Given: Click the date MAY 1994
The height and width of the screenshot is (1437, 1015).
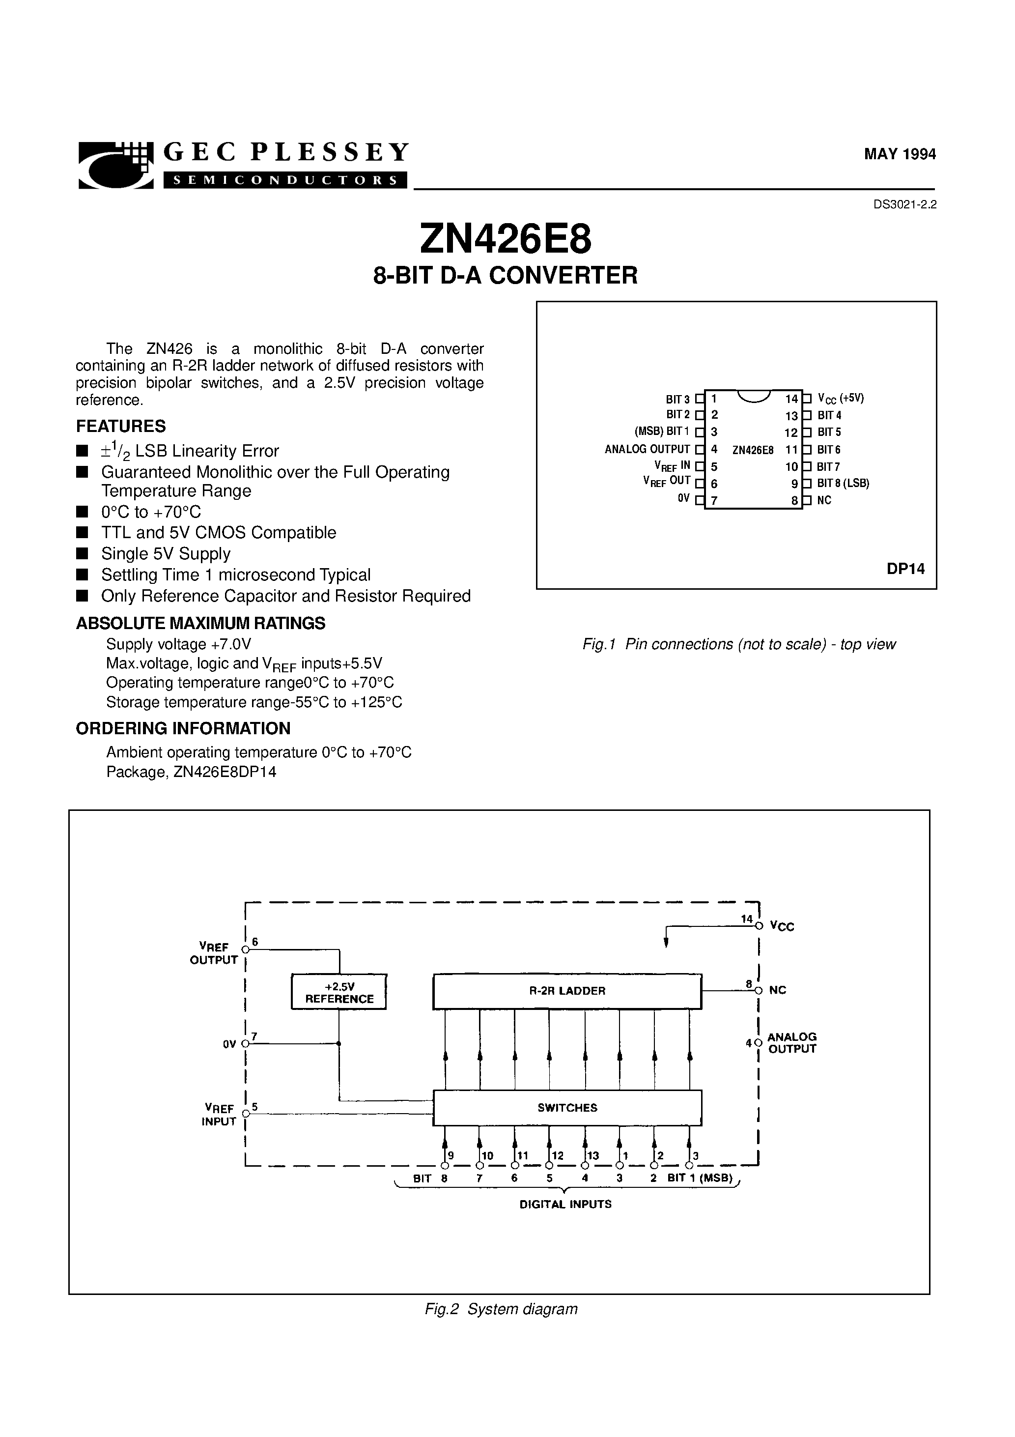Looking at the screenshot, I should click(899, 154).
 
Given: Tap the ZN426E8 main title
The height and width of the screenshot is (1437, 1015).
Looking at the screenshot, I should click(505, 240).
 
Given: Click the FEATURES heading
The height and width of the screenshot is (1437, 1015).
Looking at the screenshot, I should click(121, 426).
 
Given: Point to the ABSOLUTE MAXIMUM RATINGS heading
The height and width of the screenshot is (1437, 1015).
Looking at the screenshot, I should click(200, 623).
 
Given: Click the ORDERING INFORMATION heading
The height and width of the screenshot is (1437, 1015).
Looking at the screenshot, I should click(183, 728).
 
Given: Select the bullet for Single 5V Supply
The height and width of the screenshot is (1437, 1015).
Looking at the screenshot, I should click(82, 554).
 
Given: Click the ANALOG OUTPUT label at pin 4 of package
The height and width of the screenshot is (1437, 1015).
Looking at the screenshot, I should click(647, 449).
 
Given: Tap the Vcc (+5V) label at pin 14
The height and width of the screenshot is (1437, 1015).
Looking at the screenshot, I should click(841, 399).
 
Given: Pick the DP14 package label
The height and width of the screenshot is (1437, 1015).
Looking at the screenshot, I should click(905, 569).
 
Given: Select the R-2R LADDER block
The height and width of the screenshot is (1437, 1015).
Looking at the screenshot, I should click(567, 991).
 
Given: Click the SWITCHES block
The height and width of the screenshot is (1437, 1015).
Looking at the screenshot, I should click(567, 1108).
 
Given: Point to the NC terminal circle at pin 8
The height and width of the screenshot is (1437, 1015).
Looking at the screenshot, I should click(759, 990).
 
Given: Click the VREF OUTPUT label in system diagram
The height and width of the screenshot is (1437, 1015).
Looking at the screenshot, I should click(213, 953).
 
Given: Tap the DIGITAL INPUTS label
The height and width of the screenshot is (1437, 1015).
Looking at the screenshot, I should click(565, 1204).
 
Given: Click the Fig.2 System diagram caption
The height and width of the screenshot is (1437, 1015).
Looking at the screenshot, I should click(501, 1309).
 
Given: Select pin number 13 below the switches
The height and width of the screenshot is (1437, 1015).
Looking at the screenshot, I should click(592, 1156).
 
